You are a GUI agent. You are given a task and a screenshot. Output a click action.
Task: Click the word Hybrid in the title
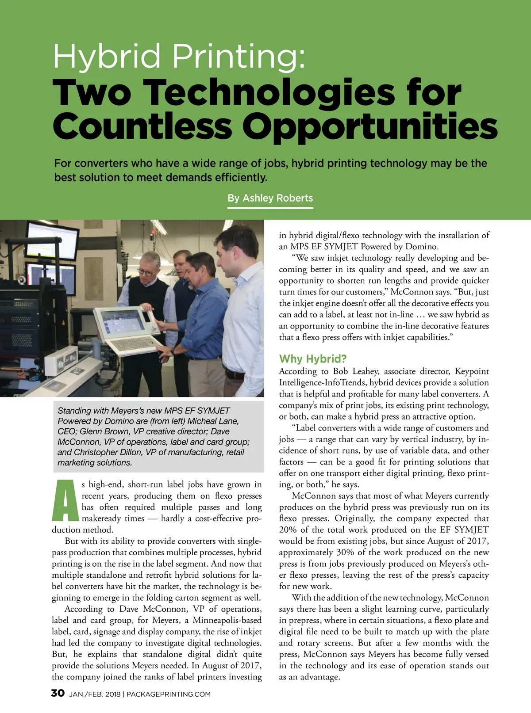[x=106, y=57]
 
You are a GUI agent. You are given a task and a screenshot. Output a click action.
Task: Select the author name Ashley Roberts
[x=277, y=198]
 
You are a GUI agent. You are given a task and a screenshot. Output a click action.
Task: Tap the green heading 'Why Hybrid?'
[x=313, y=358]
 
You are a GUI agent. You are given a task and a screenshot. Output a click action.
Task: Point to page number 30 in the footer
[x=58, y=693]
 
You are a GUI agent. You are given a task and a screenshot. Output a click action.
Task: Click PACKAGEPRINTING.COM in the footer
[x=169, y=694]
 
